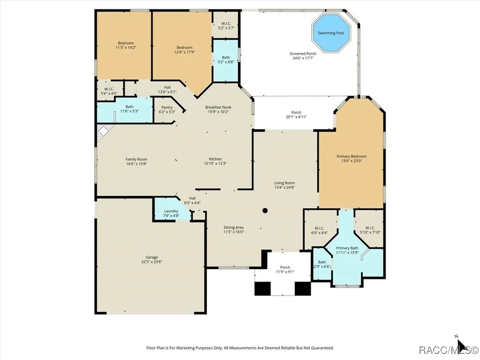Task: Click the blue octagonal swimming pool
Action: point(331,33)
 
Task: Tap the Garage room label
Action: point(151,257)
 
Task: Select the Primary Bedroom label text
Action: point(352,157)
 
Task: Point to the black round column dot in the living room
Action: point(265,210)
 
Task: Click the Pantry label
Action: point(167,107)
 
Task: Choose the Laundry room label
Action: point(171,211)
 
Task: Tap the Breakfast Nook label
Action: point(218,107)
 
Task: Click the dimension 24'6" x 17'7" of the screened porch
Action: point(303,58)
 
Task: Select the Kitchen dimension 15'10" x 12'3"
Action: point(215,164)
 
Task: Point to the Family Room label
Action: point(136,159)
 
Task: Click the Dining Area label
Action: point(233,227)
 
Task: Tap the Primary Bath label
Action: point(347,248)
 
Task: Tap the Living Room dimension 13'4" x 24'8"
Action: point(285,187)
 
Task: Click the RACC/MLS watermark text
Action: point(448,350)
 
